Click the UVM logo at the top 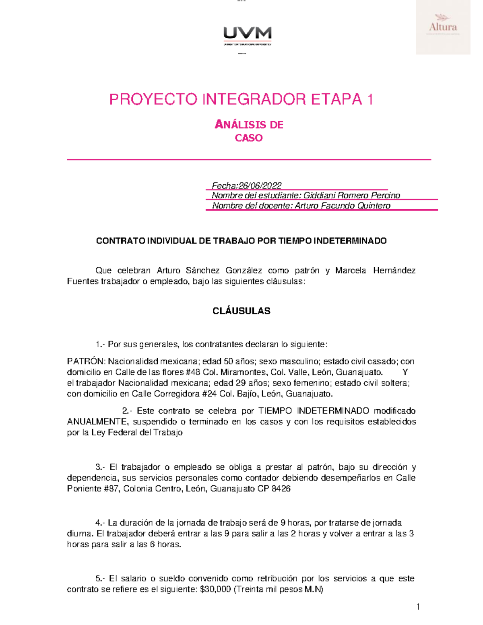point(247,35)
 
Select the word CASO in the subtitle point(249,138)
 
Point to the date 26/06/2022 point(260,186)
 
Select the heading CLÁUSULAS point(242,311)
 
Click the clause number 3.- point(100,467)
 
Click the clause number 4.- point(100,523)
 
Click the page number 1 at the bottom point(418,607)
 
